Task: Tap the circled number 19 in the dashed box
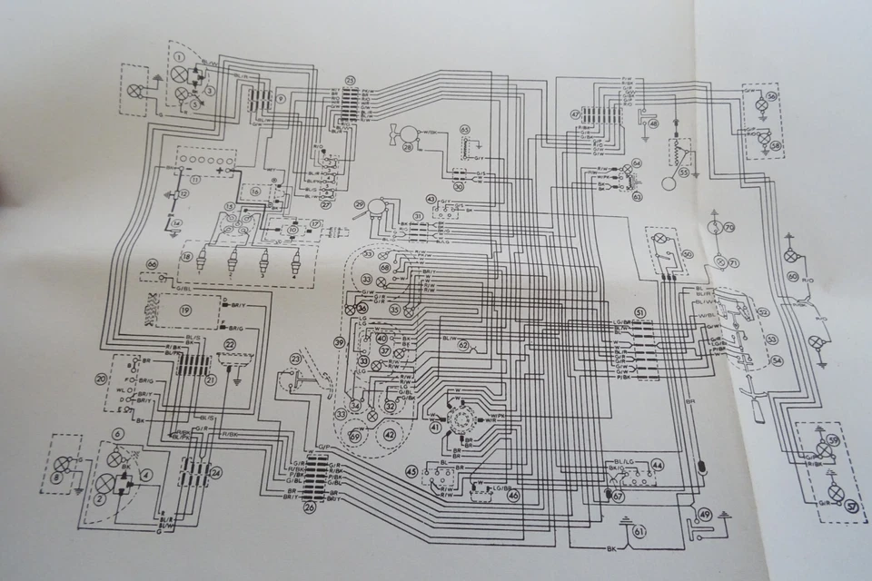[x=185, y=310]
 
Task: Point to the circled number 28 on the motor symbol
[x=408, y=147]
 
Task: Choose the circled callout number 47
[x=575, y=114]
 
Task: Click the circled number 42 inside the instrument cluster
[x=390, y=434]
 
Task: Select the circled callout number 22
[x=230, y=346]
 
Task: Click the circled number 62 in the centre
[x=463, y=344]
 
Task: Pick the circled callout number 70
[x=728, y=226]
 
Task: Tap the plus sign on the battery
[x=221, y=169]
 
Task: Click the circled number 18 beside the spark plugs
[x=186, y=258]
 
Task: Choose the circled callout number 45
[x=411, y=471]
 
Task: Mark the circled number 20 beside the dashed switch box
[x=100, y=378]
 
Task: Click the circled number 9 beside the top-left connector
[x=282, y=97]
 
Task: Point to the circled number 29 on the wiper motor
[x=360, y=205]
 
